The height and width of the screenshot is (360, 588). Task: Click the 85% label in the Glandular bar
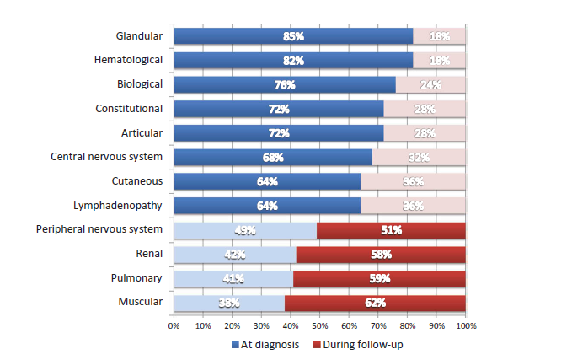(292, 36)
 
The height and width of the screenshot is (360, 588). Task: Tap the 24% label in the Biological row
(430, 85)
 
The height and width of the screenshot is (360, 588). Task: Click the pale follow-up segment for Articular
(425, 133)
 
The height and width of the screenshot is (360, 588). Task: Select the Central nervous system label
(106, 157)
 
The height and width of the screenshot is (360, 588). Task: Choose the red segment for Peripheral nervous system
(391, 230)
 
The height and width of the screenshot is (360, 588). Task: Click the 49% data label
(245, 230)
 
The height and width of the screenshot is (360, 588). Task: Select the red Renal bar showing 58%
(381, 254)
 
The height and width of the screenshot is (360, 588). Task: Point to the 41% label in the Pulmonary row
(233, 278)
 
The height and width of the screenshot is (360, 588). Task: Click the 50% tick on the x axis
(319, 324)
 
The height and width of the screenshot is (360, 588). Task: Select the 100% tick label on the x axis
(465, 324)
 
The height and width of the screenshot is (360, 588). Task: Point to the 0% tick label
(174, 324)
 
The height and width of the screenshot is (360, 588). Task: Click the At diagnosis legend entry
(265, 344)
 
